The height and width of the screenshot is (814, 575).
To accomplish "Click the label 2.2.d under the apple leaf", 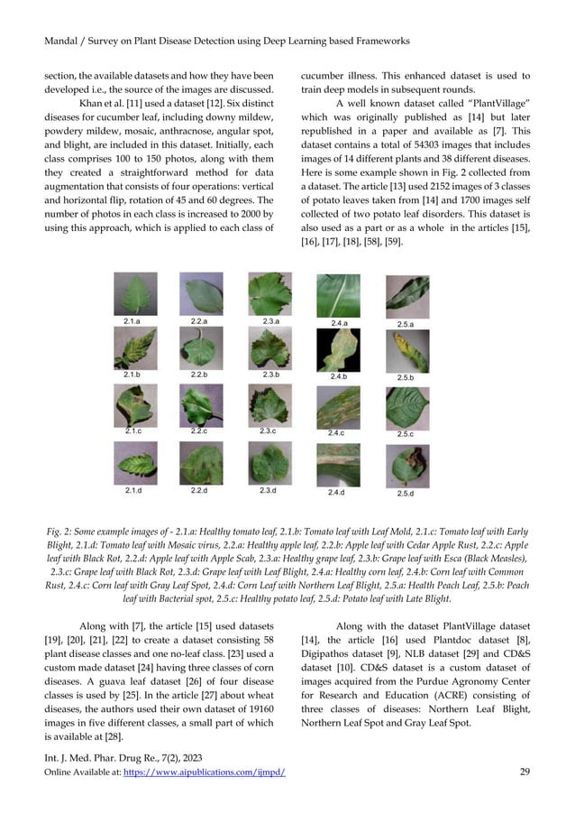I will point(200,491).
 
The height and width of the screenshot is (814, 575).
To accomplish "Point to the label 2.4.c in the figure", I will point(339,433).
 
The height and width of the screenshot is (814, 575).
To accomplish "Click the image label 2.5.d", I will point(405,493).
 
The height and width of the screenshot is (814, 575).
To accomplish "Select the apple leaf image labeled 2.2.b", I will point(200,347).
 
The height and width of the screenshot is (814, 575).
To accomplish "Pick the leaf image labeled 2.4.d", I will point(339,467).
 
